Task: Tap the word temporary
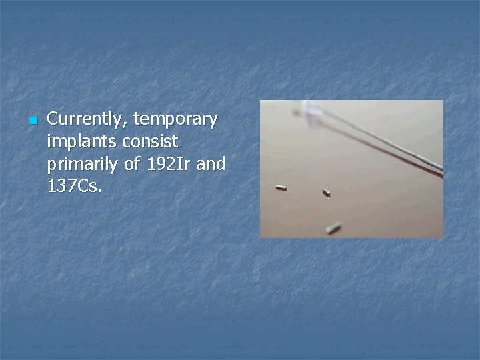[x=175, y=120]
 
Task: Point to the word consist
[x=151, y=141]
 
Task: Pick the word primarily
[x=81, y=164]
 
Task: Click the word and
[x=211, y=163]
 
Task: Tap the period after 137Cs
[x=101, y=191]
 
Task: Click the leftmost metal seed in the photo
[x=281, y=188]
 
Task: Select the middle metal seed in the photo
[x=327, y=193]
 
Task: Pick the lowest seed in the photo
[x=333, y=228]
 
